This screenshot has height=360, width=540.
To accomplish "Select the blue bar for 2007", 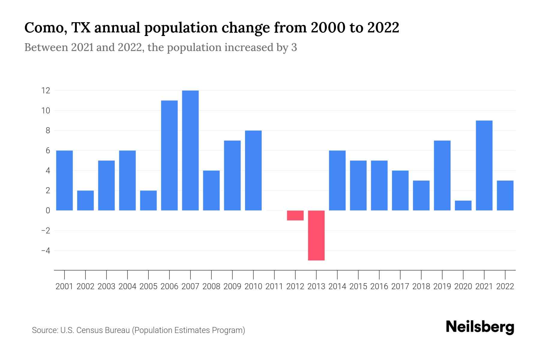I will [x=190, y=150].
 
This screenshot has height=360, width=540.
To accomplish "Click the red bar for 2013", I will [x=316, y=235].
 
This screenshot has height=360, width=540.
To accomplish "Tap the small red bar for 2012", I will [x=295, y=215].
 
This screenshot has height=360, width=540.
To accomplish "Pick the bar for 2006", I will [x=169, y=155].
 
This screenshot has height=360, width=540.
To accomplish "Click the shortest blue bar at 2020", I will [x=463, y=205].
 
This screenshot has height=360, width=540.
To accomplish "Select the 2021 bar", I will [x=484, y=165].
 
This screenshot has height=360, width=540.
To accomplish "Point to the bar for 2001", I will [x=64, y=180].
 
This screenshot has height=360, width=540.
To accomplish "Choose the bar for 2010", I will [x=253, y=170].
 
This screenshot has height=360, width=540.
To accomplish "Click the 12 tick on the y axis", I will [x=46, y=91].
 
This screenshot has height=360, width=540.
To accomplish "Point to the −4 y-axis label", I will [x=46, y=250].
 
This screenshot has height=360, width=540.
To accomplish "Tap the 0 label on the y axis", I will [x=48, y=211].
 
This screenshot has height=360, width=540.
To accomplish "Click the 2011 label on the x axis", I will [x=274, y=286].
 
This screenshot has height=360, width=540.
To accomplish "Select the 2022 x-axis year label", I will [x=505, y=286].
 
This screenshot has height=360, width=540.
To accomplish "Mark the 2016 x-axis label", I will [x=379, y=286].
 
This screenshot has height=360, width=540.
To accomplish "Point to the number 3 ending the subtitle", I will [x=294, y=47].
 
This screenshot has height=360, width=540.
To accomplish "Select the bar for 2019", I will [x=442, y=175].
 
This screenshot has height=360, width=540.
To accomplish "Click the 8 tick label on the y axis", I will [x=48, y=130].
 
